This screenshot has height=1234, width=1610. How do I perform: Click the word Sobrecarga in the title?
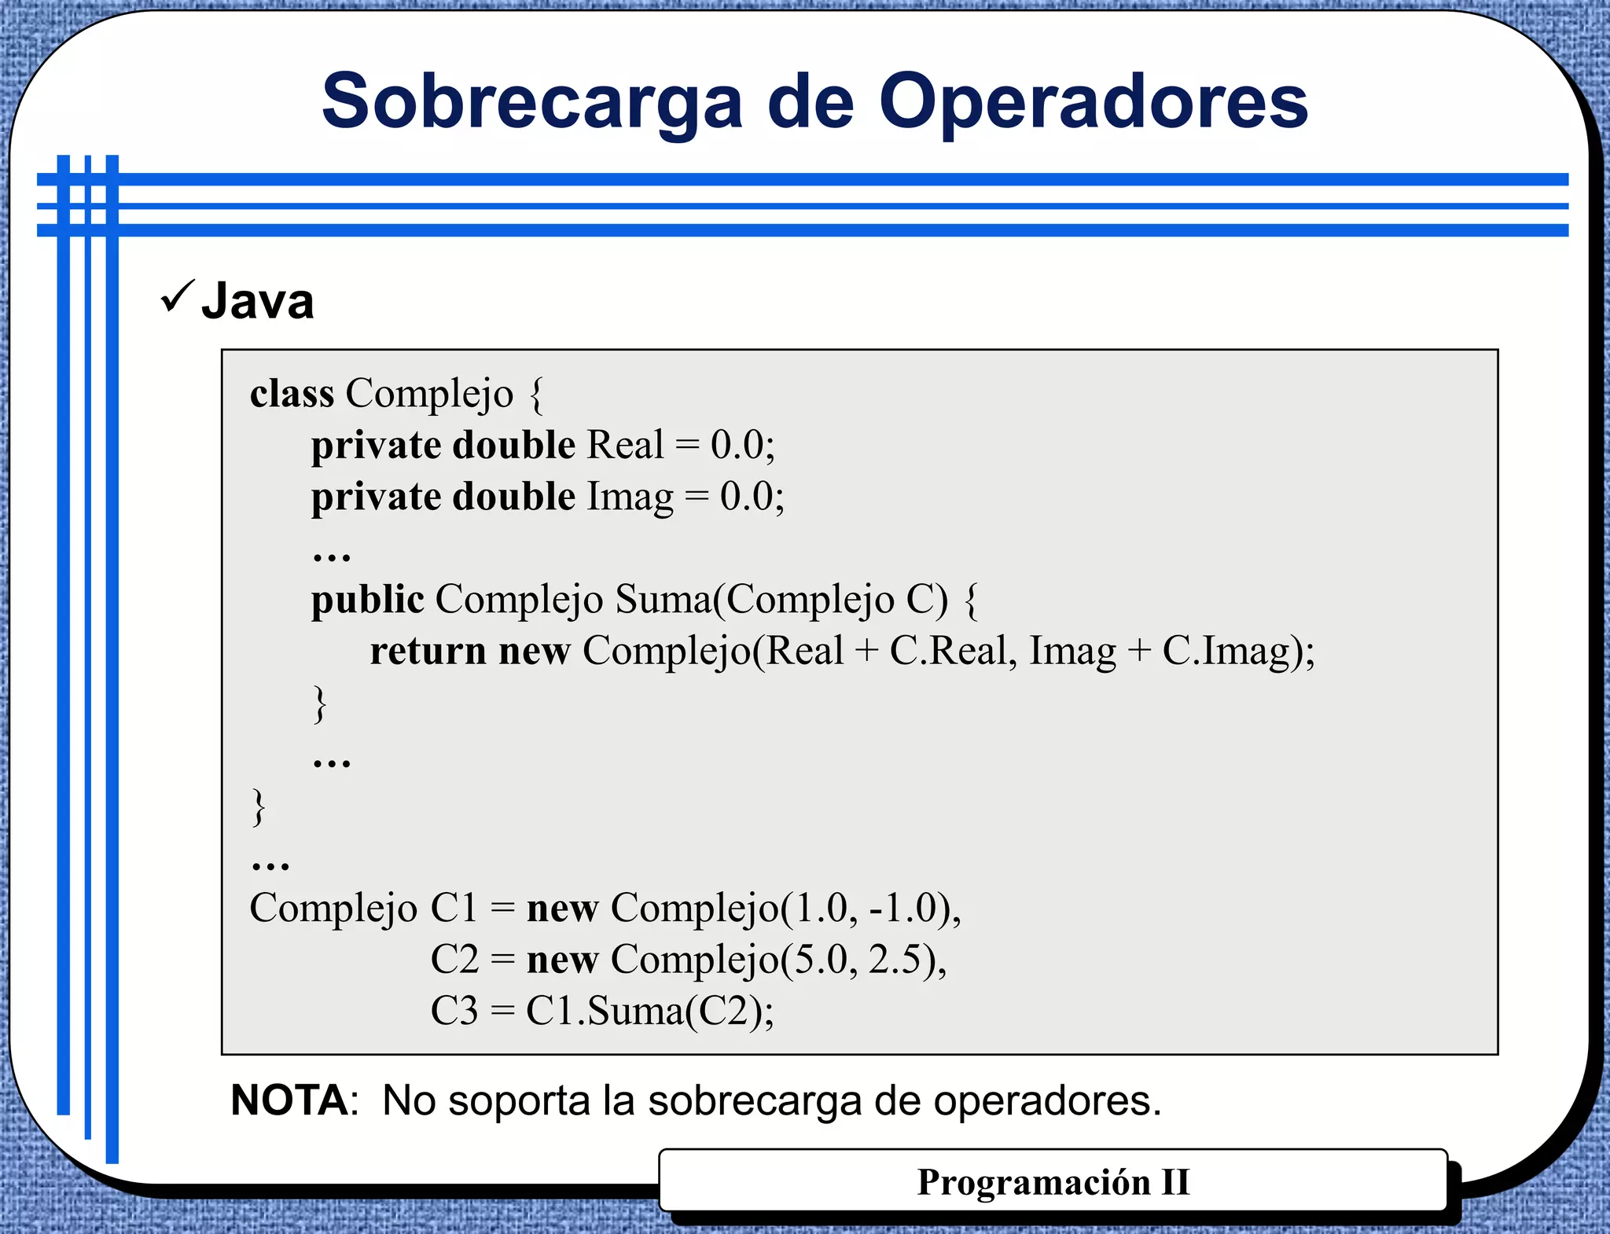(531, 102)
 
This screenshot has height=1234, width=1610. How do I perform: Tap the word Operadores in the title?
(1093, 102)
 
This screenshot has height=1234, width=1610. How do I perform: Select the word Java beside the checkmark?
(258, 301)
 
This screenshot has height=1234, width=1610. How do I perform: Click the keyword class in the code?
(292, 393)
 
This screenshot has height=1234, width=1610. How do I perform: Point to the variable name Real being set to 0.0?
(625, 445)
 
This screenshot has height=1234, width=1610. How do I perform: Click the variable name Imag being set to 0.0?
(630, 497)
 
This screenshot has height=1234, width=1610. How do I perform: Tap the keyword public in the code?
(367, 600)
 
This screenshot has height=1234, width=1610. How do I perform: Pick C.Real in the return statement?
(948, 652)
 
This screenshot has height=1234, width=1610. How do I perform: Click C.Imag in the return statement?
(1226, 652)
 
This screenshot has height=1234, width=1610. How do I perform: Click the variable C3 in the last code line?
(454, 1011)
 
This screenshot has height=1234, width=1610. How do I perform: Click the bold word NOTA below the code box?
(289, 1100)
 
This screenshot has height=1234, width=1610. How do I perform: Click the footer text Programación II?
(1053, 1182)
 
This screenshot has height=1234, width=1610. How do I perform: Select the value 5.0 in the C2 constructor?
(822, 960)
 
